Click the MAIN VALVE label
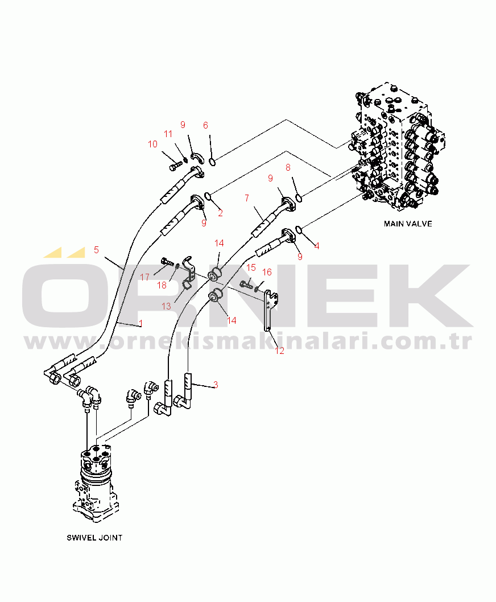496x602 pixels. [x=408, y=224]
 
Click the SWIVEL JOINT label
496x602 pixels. [x=94, y=537]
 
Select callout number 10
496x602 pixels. [x=152, y=145]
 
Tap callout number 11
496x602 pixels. [x=168, y=134]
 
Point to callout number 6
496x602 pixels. [x=206, y=125]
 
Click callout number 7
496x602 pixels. [x=247, y=197]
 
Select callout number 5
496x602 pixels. [x=97, y=249]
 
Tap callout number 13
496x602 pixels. [x=167, y=306]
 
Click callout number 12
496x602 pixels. [x=280, y=351]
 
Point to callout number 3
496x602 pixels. [x=216, y=385]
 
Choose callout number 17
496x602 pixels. [x=145, y=277]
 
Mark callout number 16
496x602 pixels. [x=267, y=272]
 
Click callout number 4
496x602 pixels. [x=317, y=246]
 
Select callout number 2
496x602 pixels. [x=220, y=213]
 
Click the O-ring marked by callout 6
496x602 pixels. [x=212, y=162]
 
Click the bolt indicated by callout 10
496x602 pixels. [x=175, y=167]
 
